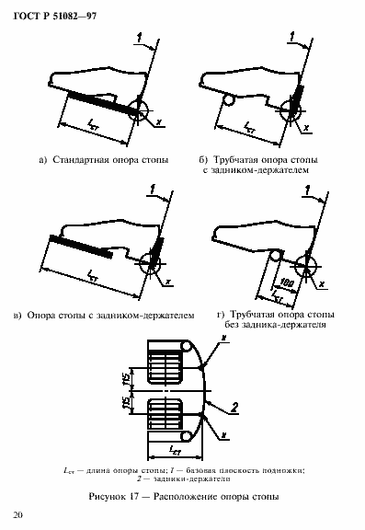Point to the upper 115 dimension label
pyautogui.click(x=134, y=378)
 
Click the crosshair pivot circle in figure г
pyautogui.click(x=302, y=265)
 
